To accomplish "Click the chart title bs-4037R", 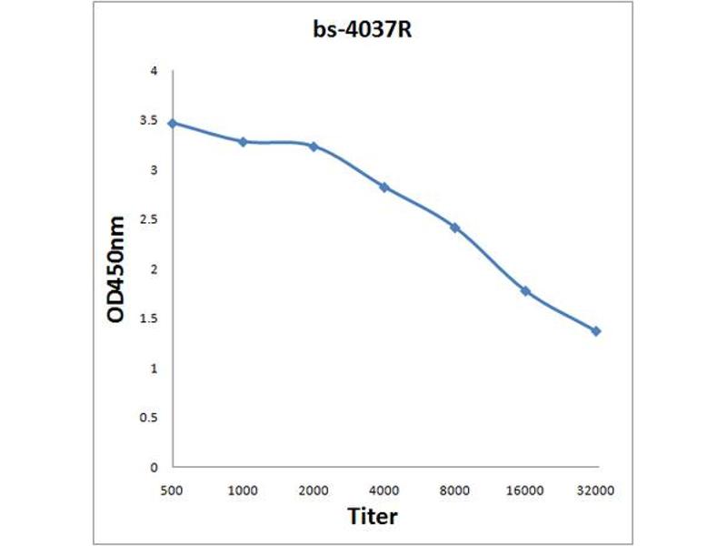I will [x=363, y=31].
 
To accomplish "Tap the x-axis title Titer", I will [x=373, y=516].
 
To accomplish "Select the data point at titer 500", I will [x=172, y=123].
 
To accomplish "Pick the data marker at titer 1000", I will [x=243, y=142].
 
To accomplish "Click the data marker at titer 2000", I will [x=314, y=146].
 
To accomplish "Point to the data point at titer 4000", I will [x=384, y=187].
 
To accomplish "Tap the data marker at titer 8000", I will [x=455, y=227].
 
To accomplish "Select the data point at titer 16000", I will [x=525, y=291].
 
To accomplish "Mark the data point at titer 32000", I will [x=596, y=331].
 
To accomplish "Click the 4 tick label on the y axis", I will [x=154, y=71].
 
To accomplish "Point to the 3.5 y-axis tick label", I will [x=149, y=120].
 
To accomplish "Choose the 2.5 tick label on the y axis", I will [x=149, y=219].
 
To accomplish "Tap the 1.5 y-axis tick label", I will [x=149, y=318].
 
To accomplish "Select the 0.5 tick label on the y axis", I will [x=149, y=418].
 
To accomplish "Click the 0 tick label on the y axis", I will [x=154, y=467].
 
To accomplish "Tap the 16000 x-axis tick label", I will [x=525, y=490].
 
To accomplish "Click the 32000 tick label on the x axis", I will [x=596, y=490].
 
